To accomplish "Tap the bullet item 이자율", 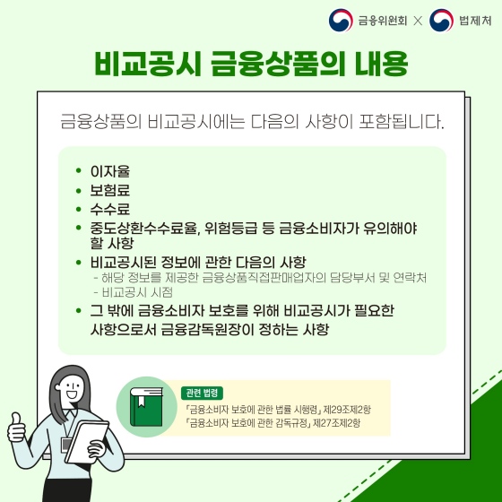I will tap(110, 171).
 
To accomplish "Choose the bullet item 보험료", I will tap(110, 190).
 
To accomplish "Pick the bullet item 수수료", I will tap(110, 209).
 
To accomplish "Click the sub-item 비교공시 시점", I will tap(137, 292).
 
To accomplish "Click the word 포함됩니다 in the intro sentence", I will tap(402, 119).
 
